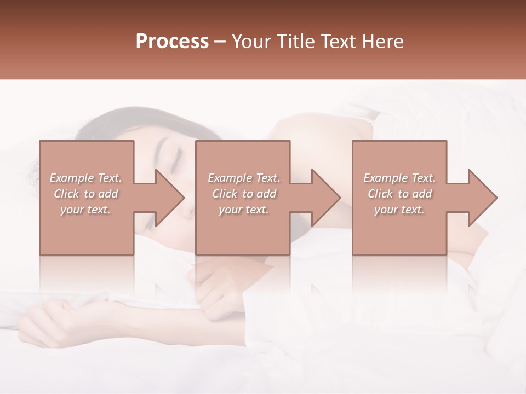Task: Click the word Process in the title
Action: [x=172, y=42]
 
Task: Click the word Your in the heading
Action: [x=251, y=42]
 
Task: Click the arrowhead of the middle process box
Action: [x=325, y=198]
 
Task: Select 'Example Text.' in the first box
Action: [x=85, y=178]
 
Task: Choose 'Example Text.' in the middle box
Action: [x=244, y=178]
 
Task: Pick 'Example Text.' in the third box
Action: [x=399, y=178]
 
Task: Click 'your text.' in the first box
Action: [x=85, y=210]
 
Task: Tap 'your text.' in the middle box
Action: [x=244, y=210]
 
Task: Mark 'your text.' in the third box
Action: [x=399, y=210]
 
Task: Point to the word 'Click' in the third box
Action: [x=381, y=194]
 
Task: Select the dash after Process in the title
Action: [x=220, y=42]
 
